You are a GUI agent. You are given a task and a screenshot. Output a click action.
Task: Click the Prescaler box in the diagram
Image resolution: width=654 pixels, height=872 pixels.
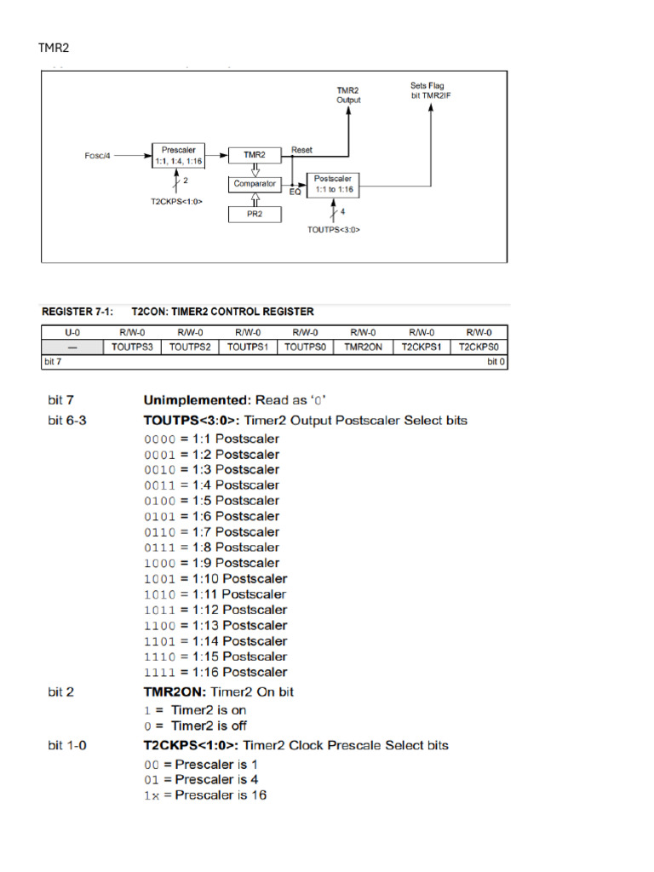[x=179, y=155]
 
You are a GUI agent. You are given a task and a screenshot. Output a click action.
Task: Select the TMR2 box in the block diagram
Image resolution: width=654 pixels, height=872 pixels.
[x=254, y=155]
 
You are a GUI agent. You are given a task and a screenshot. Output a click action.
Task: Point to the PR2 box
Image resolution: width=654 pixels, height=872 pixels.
[x=254, y=214]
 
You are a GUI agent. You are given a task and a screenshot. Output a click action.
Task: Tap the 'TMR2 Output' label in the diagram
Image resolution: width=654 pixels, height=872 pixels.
[x=348, y=95]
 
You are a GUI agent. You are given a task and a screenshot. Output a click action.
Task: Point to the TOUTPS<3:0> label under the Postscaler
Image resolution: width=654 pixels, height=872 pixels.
[x=334, y=228]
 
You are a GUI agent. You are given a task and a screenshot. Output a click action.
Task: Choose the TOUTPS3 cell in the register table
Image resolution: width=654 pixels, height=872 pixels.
[x=132, y=347]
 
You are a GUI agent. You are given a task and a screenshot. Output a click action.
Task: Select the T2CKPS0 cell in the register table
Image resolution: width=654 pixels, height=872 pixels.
[x=479, y=347]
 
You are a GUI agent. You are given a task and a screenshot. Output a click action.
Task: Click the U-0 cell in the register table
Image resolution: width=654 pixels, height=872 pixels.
[x=72, y=332]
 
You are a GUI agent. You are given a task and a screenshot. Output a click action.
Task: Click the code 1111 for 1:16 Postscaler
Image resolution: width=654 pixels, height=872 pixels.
[x=159, y=672]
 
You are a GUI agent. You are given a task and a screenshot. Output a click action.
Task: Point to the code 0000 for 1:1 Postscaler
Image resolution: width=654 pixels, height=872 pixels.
[x=159, y=439]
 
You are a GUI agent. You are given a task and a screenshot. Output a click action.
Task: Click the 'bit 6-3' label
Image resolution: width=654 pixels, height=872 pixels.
[x=66, y=420]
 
